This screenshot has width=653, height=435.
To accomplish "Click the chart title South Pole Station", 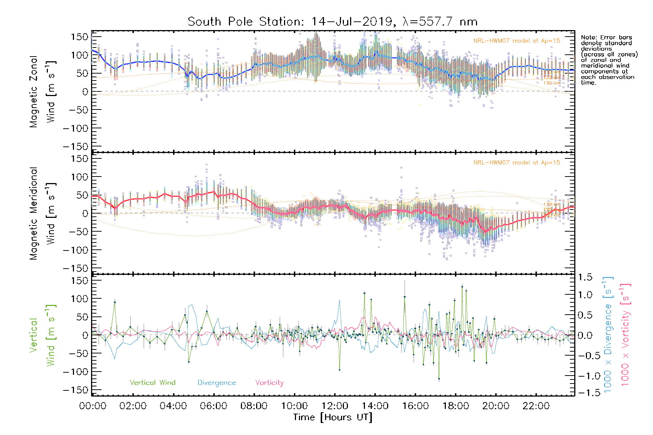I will point(332,22).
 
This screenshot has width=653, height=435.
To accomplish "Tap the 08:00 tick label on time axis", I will point(254,406).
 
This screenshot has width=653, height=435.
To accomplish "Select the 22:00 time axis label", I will point(536,406).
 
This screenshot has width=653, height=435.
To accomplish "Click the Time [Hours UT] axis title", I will point(333,417).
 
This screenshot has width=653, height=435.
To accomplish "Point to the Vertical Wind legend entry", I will point(152,383).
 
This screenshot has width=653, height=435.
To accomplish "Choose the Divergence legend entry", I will point(217,383).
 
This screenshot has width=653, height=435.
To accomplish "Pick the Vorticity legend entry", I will point(269,383).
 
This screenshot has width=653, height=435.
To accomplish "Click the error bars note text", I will point(609,60).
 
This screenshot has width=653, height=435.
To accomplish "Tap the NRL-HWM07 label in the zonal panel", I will point(517,41).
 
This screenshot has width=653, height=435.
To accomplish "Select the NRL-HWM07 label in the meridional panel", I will point(517,163).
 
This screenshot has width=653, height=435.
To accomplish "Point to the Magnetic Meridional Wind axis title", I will point(42,214).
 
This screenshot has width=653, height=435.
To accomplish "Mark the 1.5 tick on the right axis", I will point(585,277).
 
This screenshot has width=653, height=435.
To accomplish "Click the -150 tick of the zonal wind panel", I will point(75,147).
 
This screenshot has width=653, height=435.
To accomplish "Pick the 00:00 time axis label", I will point(93,406).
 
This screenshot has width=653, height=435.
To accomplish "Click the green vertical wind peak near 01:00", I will point(115,302).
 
